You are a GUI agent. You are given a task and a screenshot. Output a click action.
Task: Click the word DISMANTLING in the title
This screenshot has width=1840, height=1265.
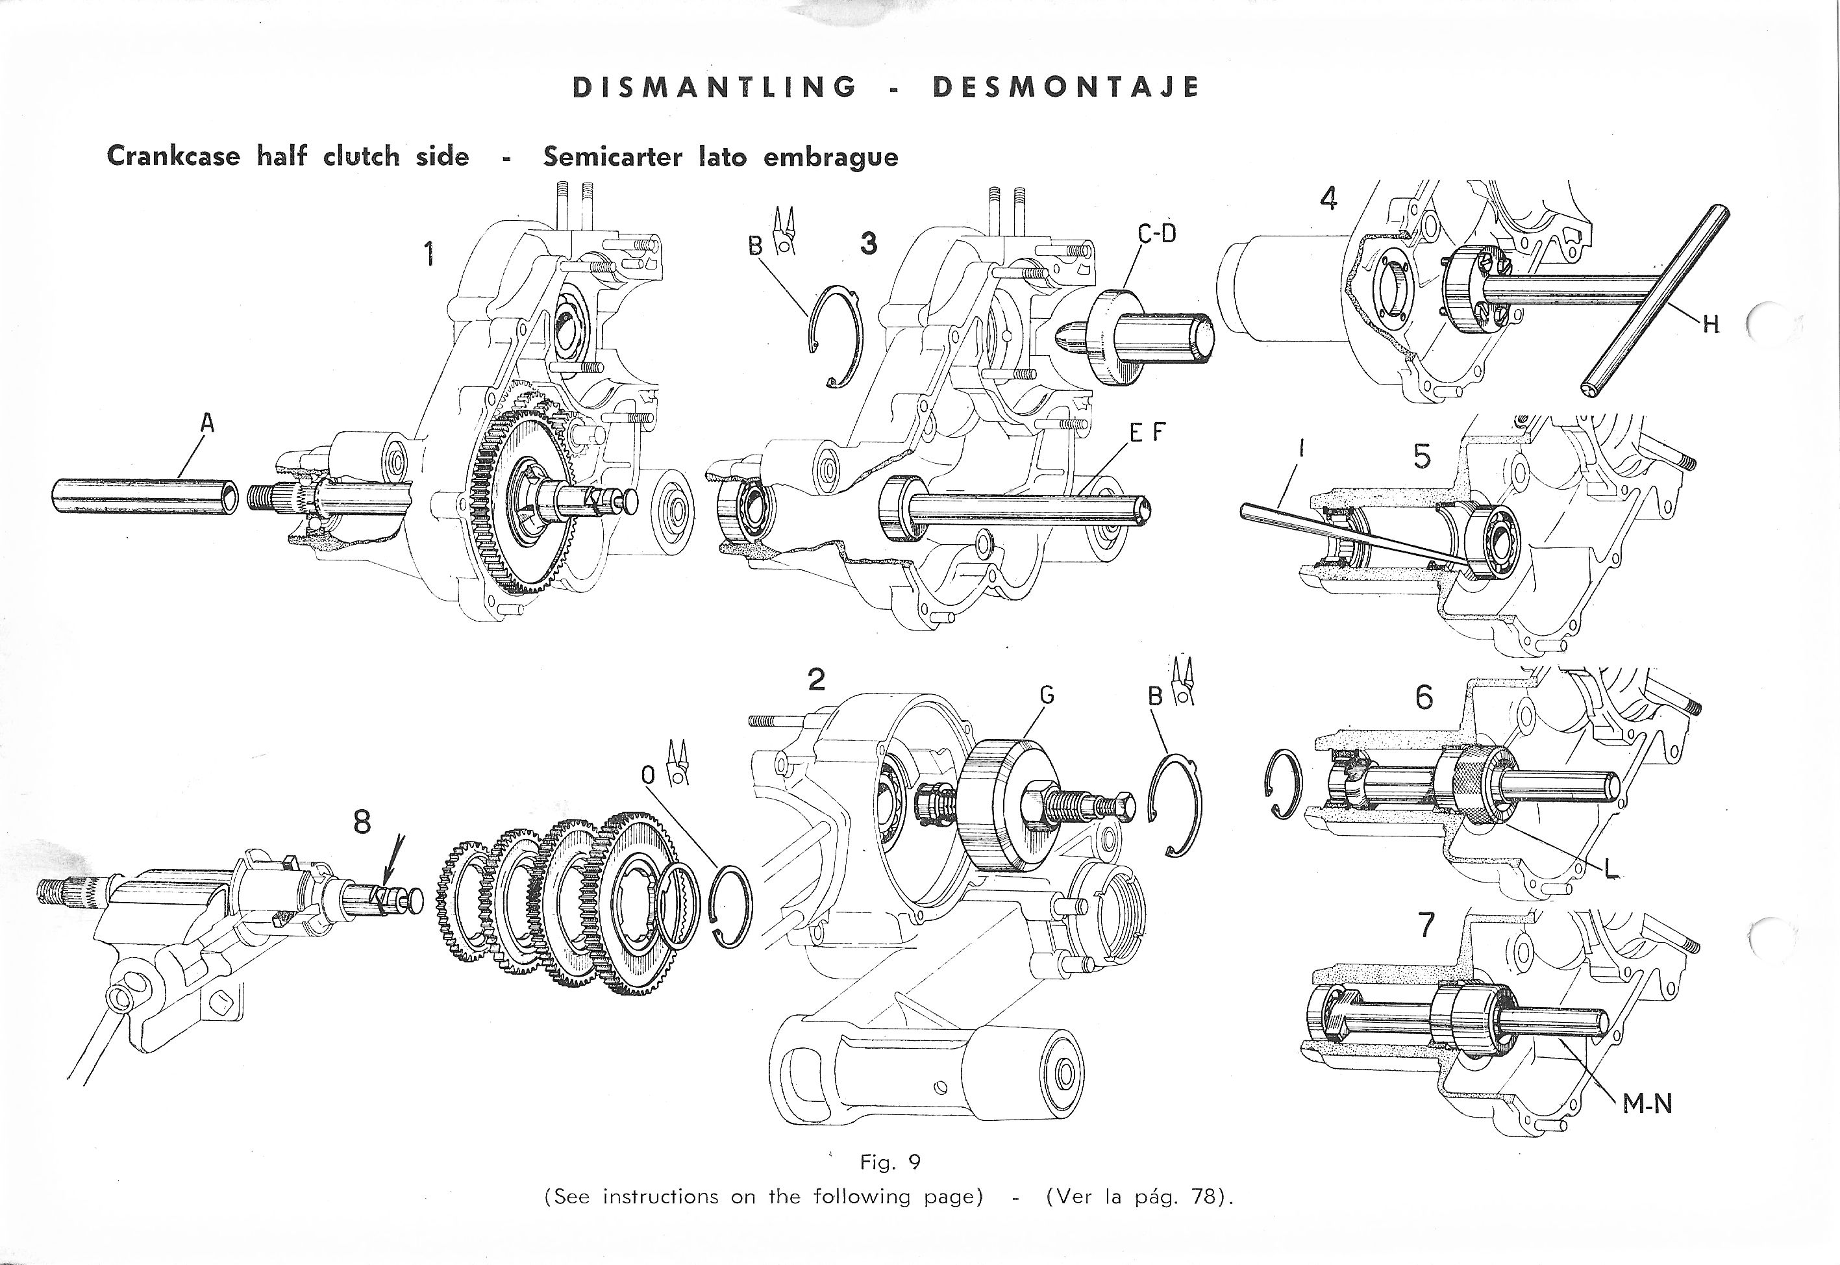pos(714,86)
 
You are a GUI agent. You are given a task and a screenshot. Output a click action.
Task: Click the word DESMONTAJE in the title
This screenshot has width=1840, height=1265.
pos(1066,86)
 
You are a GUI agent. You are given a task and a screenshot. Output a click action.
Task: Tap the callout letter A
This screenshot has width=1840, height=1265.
pos(207,424)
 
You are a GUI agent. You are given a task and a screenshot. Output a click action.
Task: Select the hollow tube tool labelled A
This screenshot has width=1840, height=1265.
pos(145,496)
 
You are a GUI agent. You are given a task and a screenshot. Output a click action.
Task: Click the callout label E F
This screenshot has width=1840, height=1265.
pos(1147,432)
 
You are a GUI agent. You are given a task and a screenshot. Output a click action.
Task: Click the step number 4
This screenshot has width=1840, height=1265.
pos(1329,198)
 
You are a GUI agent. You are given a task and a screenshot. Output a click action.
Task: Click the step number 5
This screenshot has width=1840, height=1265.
pos(1422,456)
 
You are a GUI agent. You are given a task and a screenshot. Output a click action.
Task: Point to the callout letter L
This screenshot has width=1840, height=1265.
pos(1610,869)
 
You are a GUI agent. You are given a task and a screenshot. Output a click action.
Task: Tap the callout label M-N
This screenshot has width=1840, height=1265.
pos(1647,1103)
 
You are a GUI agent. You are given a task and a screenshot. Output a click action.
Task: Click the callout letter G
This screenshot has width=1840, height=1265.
pos(1047,695)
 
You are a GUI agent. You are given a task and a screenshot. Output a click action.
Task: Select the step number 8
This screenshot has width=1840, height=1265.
pos(362,822)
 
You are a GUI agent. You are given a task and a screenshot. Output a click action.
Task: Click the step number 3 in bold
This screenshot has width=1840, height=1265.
pos(869,242)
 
